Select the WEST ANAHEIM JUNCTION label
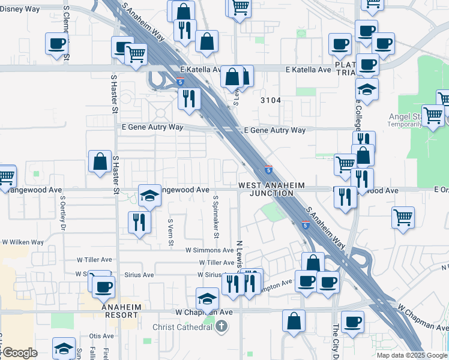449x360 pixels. (271, 190)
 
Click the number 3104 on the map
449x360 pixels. (270, 100)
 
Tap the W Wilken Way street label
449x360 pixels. (23, 242)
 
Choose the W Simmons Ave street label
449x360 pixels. (209, 250)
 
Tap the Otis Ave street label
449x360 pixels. (101, 336)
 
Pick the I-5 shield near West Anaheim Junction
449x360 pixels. (268, 170)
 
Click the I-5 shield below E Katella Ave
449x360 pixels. (180, 82)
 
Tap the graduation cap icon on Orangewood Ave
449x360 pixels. (149, 194)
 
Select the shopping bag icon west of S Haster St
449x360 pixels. (100, 161)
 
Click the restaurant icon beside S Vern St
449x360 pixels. (138, 222)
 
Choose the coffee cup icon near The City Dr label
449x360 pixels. (352, 321)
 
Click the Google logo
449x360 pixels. (19, 353)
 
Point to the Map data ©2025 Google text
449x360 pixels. (412, 355)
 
